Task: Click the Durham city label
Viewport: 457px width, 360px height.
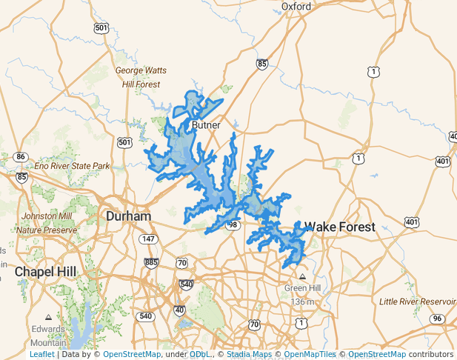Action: pos(128,216)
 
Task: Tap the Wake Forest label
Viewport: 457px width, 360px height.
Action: pos(340,227)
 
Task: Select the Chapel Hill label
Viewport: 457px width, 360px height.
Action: pos(44,272)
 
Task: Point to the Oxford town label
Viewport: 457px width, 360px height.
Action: pos(296,7)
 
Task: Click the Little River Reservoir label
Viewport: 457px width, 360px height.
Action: pos(417,301)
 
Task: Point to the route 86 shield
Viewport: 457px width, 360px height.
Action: pos(21,156)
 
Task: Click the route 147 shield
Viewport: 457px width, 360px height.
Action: pos(149,239)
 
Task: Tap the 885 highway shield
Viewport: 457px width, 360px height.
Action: pos(152,262)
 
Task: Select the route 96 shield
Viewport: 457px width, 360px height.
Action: pos(437,319)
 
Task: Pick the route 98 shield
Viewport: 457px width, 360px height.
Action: pos(233,224)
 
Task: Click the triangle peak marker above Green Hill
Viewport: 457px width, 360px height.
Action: pos(302,276)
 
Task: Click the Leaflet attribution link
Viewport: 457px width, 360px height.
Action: pos(41,354)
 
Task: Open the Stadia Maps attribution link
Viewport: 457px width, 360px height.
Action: pos(250,354)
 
